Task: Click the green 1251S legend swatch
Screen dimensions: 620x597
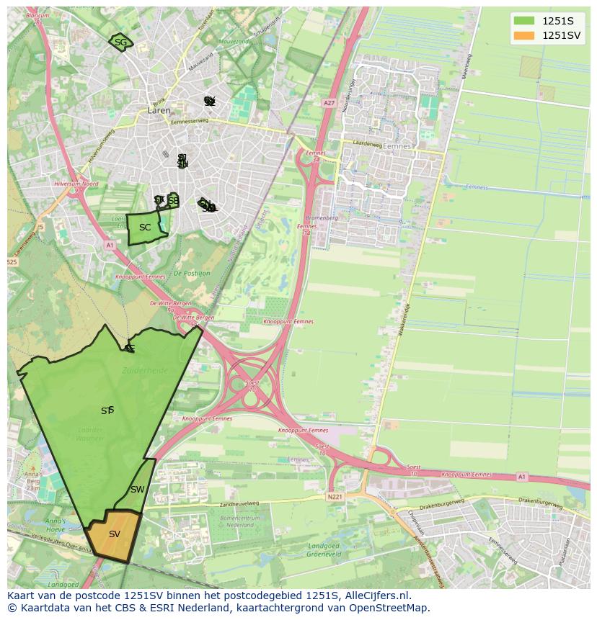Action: pos(524,21)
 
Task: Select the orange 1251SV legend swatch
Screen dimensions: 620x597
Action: pos(524,35)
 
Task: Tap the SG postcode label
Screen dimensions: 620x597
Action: pos(120,42)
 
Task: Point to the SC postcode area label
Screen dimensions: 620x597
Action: pos(145,228)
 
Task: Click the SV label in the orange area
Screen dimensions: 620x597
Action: pos(115,534)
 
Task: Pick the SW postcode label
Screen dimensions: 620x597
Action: pos(137,490)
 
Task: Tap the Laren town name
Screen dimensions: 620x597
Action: pos(159,111)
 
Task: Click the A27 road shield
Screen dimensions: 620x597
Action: pos(330,103)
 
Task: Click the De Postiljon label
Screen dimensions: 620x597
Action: pos(192,274)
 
